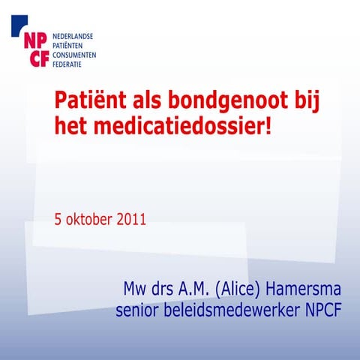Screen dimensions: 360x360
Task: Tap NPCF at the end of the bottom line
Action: pos(321,310)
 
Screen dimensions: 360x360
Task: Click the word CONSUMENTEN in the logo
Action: pos(76,55)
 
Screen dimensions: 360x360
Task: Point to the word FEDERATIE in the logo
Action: pos(70,64)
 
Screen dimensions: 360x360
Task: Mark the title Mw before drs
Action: pos(136,289)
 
